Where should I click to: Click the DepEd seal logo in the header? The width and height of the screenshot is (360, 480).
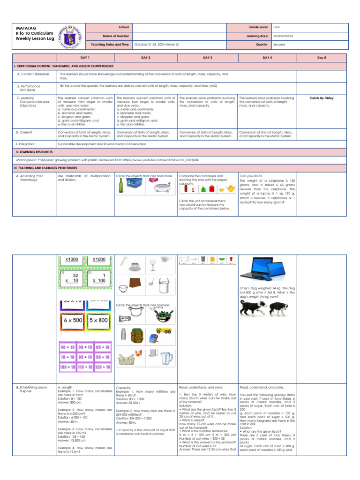coord(70,36)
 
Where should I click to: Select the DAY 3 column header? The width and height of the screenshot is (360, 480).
coord(208,57)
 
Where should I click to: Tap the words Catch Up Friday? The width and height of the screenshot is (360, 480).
coord(322,98)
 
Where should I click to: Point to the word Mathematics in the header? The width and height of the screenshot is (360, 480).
coord(283,36)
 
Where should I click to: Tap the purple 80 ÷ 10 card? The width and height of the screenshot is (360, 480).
coord(85,357)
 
